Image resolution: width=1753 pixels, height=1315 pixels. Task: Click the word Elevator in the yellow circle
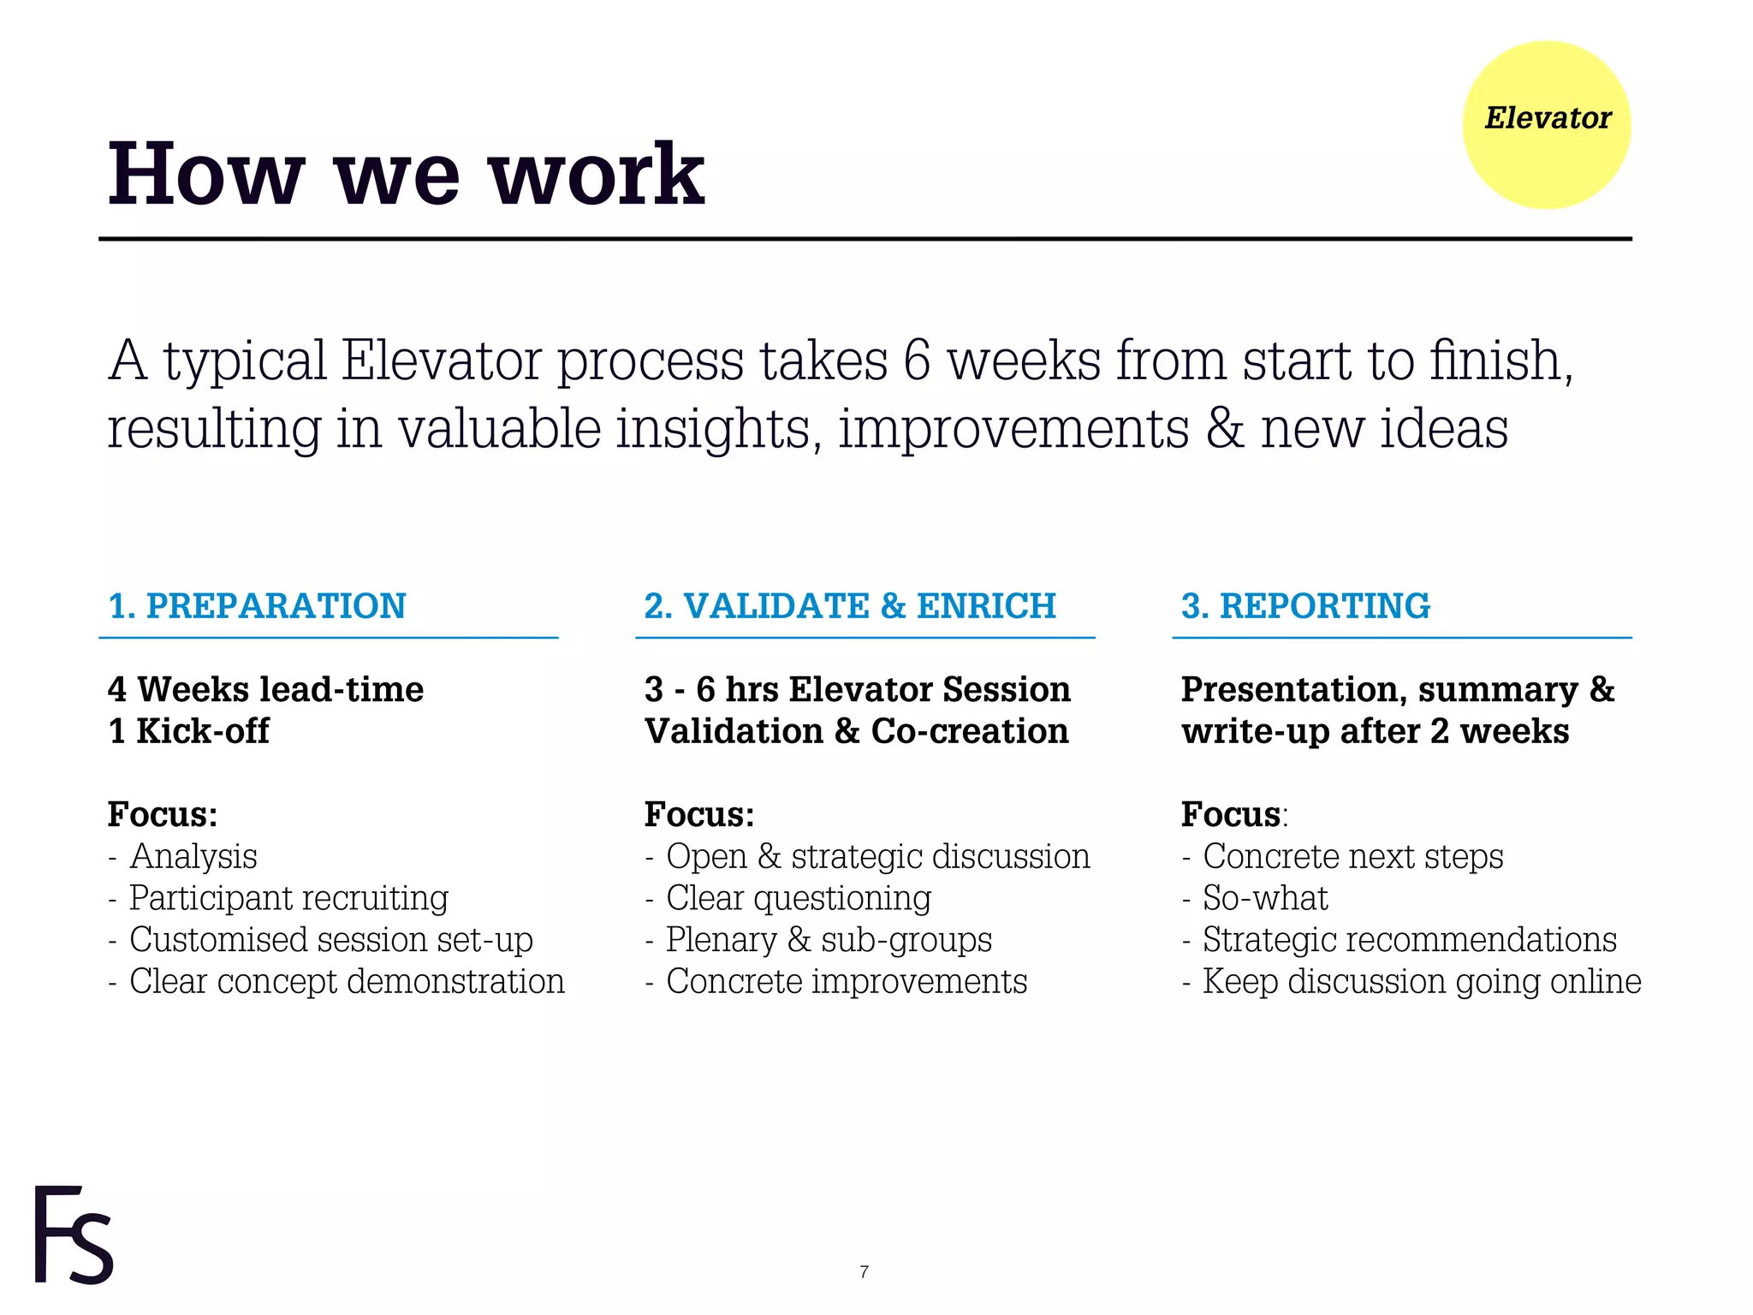[x=1547, y=118]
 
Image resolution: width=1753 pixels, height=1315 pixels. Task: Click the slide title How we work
[x=406, y=175]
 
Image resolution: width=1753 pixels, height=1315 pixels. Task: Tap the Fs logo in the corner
[x=74, y=1235]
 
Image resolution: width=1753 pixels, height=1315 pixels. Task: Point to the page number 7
[x=864, y=1272]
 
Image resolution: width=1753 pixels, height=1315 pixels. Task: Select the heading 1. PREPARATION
[x=257, y=606]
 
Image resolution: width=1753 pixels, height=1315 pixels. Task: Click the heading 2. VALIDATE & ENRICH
[x=850, y=606]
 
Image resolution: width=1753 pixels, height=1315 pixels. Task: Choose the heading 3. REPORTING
[x=1305, y=606]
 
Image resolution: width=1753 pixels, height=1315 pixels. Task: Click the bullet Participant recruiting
[x=288, y=898]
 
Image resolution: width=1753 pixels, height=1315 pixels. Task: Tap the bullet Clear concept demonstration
[x=347, y=981]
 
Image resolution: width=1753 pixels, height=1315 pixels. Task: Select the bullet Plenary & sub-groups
[x=829, y=940]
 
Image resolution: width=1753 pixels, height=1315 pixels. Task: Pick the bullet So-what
[x=1265, y=898]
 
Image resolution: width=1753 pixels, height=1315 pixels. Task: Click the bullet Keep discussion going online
[x=1421, y=981]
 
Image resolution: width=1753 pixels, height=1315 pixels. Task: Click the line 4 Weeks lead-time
[x=266, y=689]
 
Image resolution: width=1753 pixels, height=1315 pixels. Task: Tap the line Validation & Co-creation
[x=857, y=731]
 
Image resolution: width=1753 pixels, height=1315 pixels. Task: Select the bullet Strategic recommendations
[x=1409, y=940]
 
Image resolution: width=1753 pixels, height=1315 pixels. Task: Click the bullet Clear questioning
[x=798, y=898]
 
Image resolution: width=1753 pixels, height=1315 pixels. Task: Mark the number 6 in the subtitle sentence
[x=916, y=360]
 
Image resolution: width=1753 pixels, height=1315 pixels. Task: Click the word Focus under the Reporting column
[x=1231, y=814]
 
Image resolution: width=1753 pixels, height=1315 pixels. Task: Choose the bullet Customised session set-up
[x=330, y=940]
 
